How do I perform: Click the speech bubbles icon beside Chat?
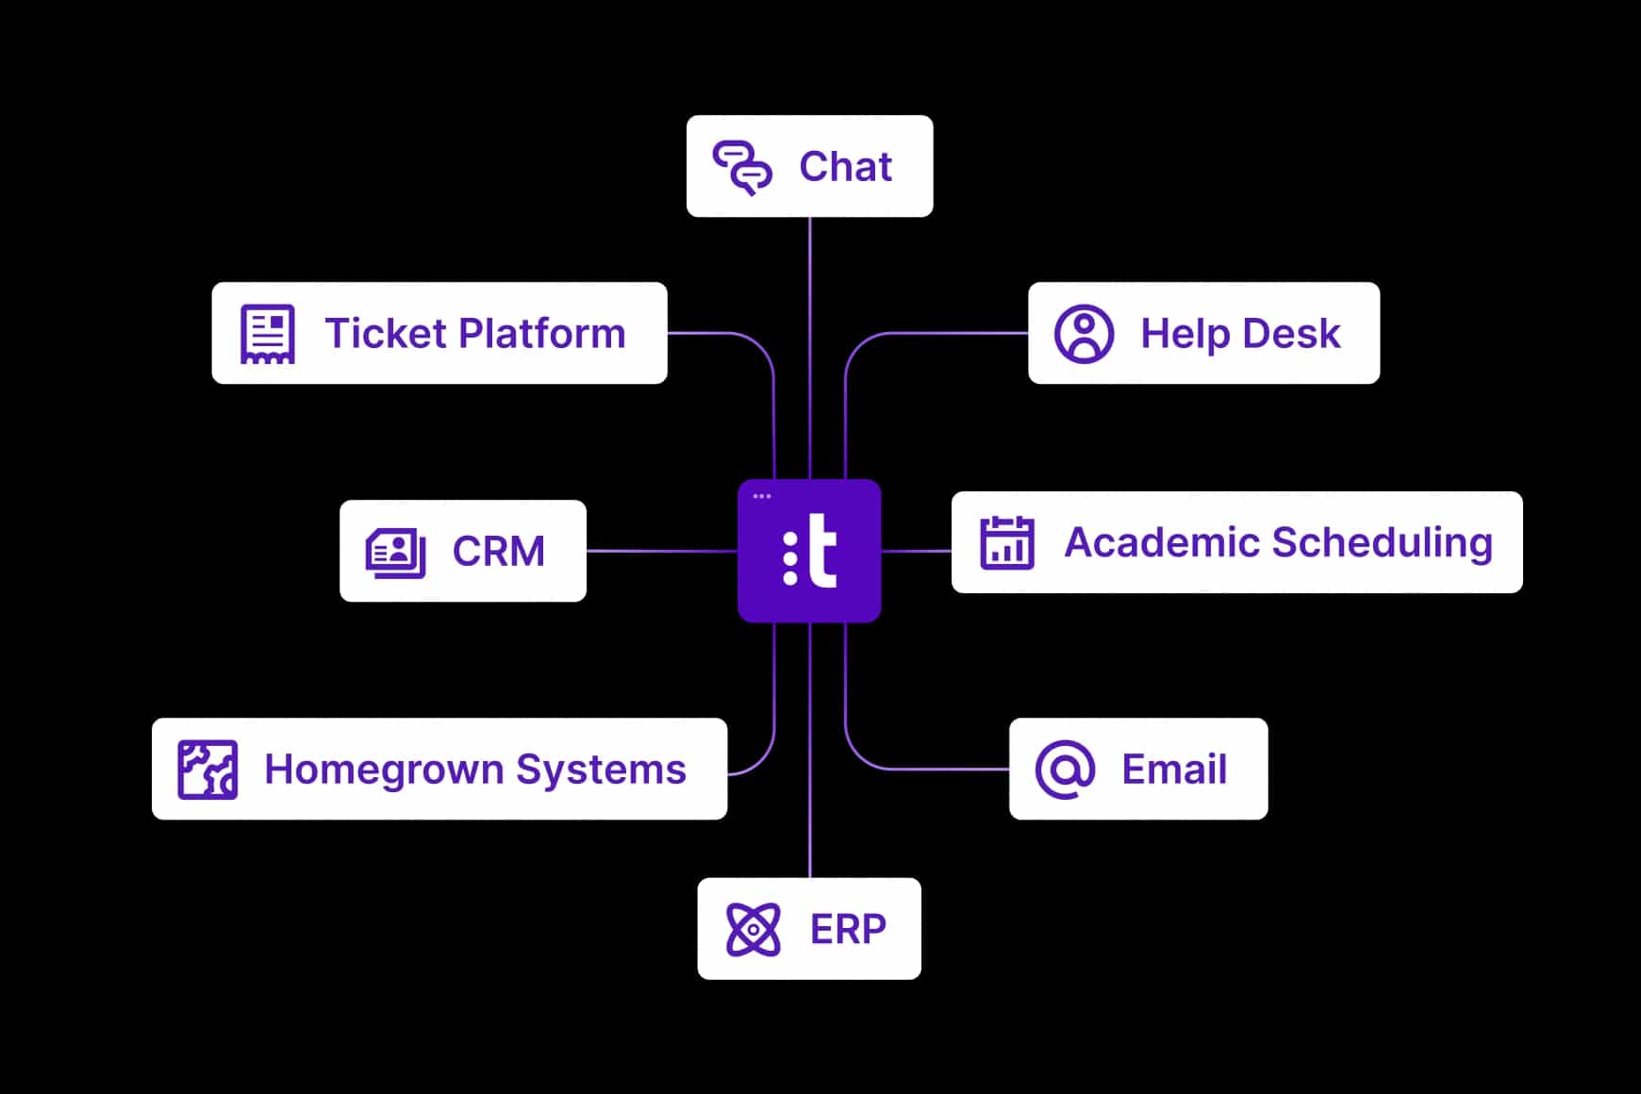pyautogui.click(x=742, y=167)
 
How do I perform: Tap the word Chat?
pyautogui.click(x=845, y=167)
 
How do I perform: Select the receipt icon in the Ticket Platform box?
pyautogui.click(x=268, y=333)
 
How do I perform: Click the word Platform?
pyautogui.click(x=542, y=334)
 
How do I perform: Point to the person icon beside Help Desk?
pyautogui.click(x=1084, y=333)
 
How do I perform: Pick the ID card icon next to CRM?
pyautogui.click(x=395, y=552)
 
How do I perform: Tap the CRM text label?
pyautogui.click(x=499, y=552)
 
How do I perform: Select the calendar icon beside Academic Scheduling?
pyautogui.click(x=1007, y=542)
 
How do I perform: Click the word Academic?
pyautogui.click(x=1162, y=542)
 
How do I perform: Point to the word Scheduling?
pyautogui.click(x=1383, y=544)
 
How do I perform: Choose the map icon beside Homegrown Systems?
pyautogui.click(x=207, y=770)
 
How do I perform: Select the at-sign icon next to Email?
pyautogui.click(x=1065, y=770)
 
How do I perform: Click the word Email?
pyautogui.click(x=1174, y=770)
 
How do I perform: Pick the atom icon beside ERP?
pyautogui.click(x=754, y=929)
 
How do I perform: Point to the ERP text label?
pyautogui.click(x=848, y=930)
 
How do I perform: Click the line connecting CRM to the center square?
pyautogui.click(x=661, y=551)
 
